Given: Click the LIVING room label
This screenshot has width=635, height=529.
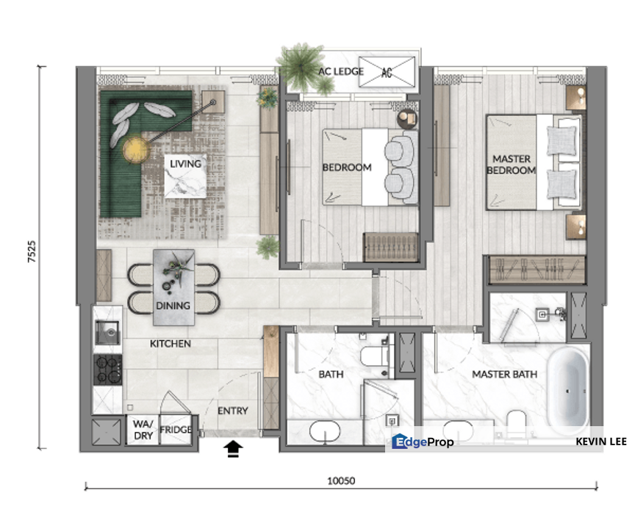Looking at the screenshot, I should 185,163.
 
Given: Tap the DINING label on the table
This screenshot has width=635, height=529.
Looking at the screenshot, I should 173,305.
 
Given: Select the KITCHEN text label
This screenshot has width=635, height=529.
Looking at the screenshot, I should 171,343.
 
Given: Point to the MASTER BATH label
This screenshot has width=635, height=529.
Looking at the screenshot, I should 504,374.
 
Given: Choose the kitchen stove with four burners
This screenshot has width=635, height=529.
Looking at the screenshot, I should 108,369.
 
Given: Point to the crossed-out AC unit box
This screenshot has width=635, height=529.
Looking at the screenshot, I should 387,73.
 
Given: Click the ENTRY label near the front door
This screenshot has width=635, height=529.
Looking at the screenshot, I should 233,411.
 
